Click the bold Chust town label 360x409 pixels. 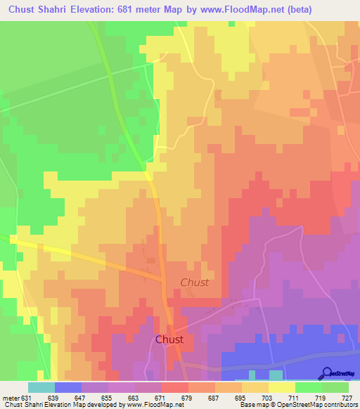pyautogui.click(x=169, y=339)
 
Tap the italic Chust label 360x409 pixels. pyautogui.click(x=195, y=283)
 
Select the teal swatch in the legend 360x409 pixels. pyautogui.click(x=41, y=387)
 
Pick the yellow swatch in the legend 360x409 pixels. pyautogui.click(x=282, y=387)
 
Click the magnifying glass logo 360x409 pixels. pyautogui.click(x=326, y=372)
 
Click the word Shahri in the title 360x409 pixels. pyautogui.click(x=63, y=10)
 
